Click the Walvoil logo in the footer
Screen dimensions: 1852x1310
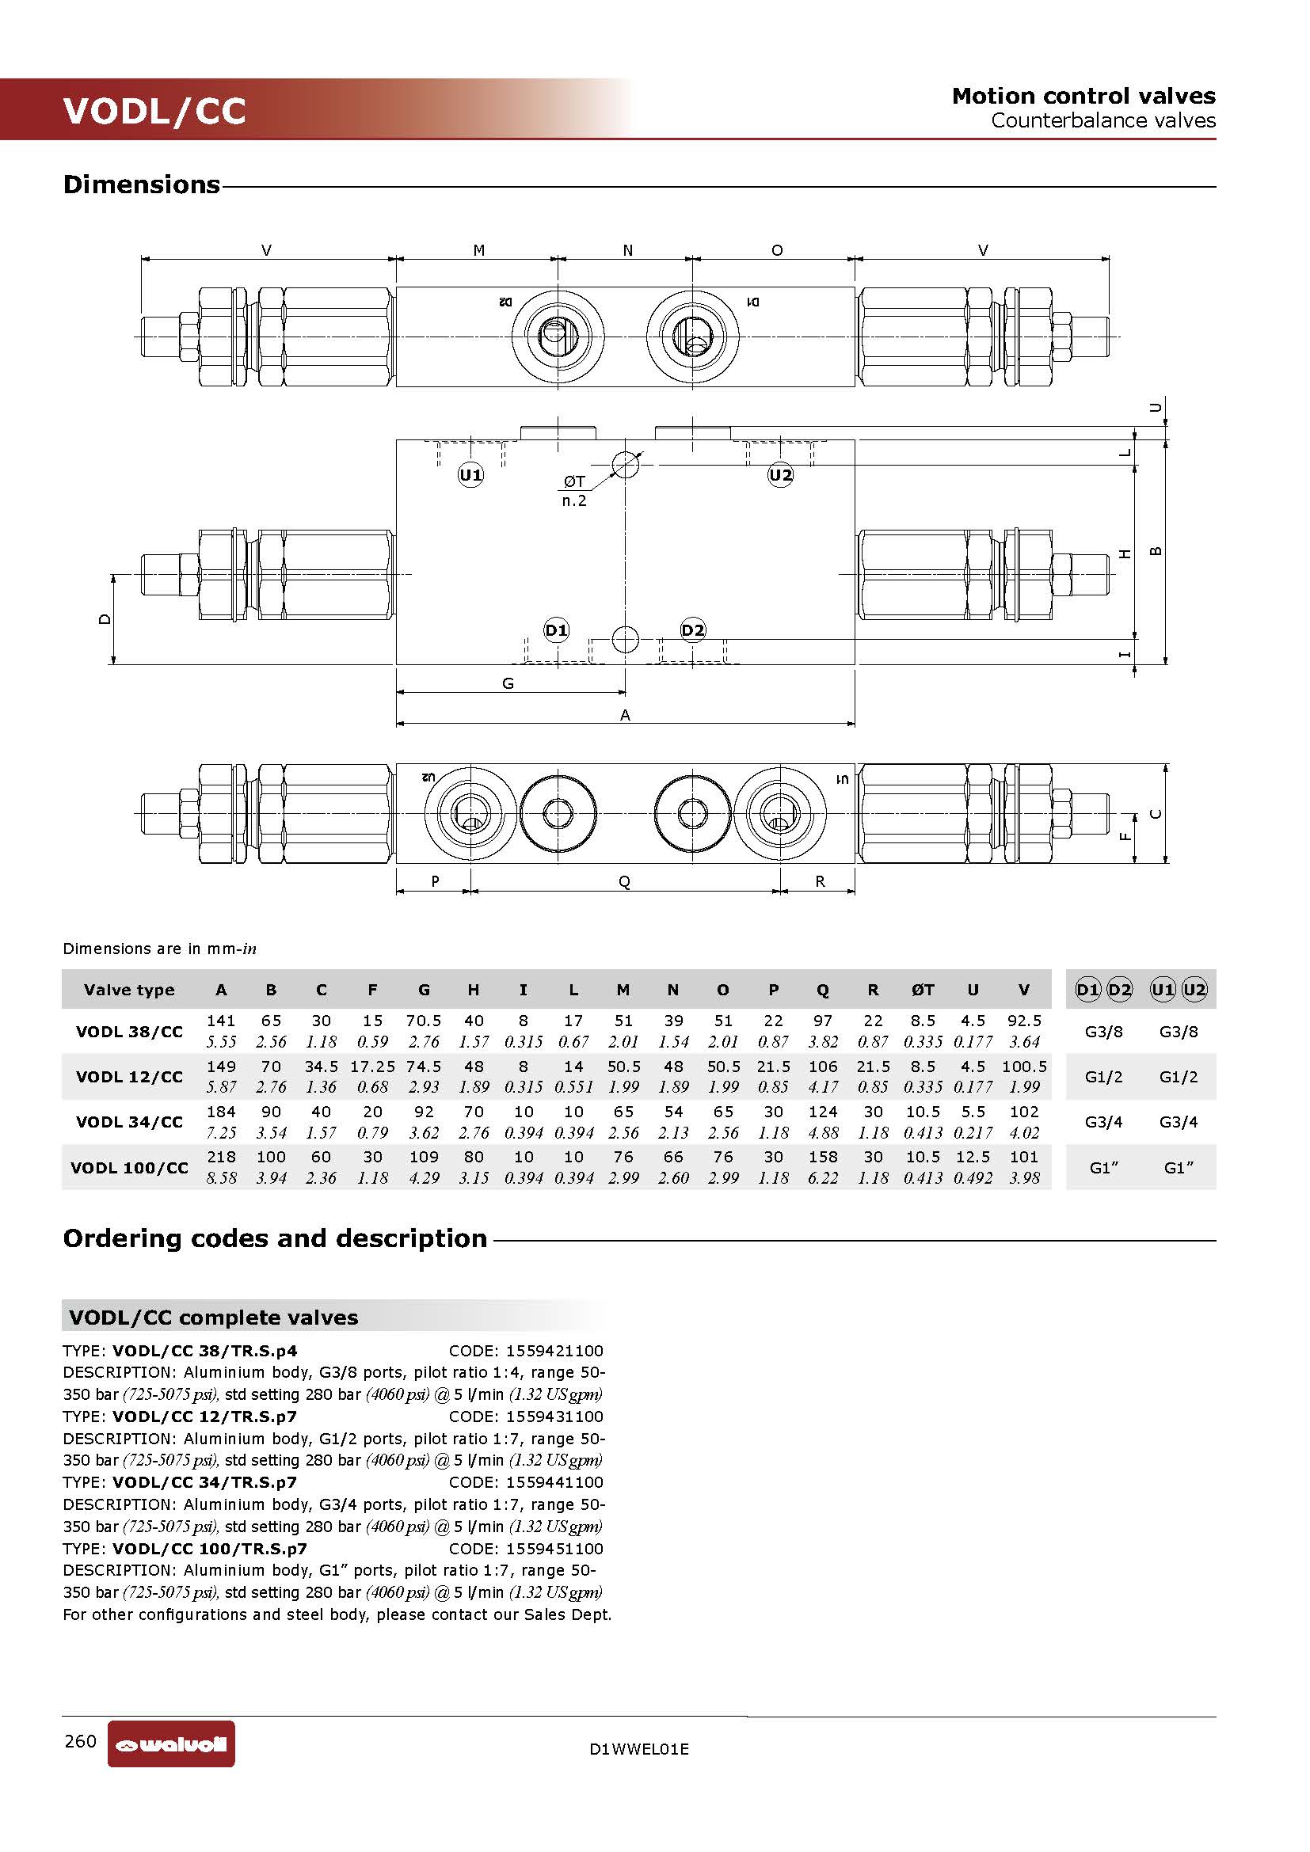tap(171, 1745)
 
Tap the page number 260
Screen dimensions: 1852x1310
tap(81, 1740)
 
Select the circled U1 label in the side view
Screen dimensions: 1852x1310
tap(470, 475)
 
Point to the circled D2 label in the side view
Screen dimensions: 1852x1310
tap(693, 630)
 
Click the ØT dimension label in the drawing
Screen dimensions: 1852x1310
tap(574, 481)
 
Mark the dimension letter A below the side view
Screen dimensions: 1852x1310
tap(625, 715)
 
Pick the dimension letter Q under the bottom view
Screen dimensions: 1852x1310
tap(624, 881)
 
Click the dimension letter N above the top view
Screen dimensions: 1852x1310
tap(627, 251)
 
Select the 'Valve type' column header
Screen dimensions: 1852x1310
tap(129, 990)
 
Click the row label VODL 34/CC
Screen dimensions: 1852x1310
tap(129, 1122)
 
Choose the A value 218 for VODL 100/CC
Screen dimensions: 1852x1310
tap(221, 1157)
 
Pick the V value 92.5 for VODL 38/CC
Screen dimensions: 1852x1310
tap(1023, 1021)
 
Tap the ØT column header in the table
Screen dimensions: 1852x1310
tap(923, 990)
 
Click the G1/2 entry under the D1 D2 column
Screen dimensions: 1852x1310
tap(1102, 1077)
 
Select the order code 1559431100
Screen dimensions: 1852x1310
tap(554, 1417)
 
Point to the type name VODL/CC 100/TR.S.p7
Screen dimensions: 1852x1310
tap(210, 1549)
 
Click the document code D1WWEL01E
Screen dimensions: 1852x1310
tap(639, 1749)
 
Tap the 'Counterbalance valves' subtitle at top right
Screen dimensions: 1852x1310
tap(1102, 120)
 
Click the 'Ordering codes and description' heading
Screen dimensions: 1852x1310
tap(275, 1238)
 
